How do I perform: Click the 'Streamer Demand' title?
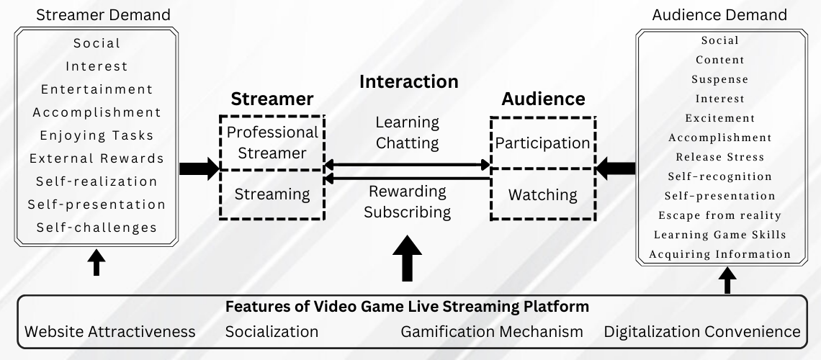[x=103, y=14]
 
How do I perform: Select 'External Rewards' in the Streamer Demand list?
[x=97, y=158]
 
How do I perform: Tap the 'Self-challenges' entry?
[x=97, y=228]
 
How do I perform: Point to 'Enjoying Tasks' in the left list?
[x=97, y=135]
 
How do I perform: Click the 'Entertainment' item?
[x=97, y=89]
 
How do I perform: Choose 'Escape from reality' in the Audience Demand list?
[x=719, y=215]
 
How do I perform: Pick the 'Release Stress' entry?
[x=719, y=157]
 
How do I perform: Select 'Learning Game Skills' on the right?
[x=719, y=235]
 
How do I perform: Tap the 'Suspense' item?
[x=719, y=79]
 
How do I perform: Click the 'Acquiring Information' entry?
[x=719, y=254]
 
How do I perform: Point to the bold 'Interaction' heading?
[x=408, y=81]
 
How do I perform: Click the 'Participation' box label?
[x=542, y=143]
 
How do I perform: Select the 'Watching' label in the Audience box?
[x=542, y=194]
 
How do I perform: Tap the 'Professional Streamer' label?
[x=272, y=143]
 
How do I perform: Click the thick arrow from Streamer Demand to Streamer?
[x=199, y=169]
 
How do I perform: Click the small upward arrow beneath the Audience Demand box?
[x=727, y=279]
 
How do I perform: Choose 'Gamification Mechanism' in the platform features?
[x=491, y=332]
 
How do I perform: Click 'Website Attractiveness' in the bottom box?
[x=110, y=332]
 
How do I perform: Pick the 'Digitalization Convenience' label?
[x=702, y=332]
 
